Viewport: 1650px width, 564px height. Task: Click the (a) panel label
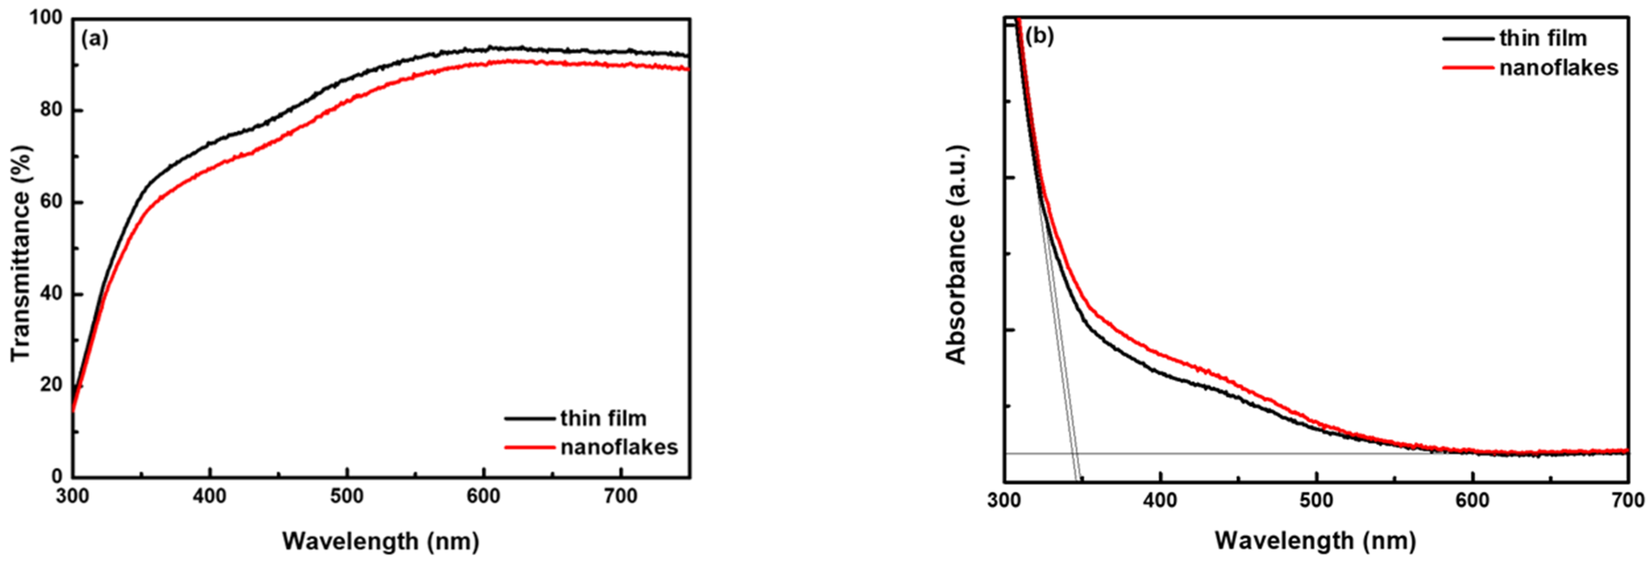pos(95,40)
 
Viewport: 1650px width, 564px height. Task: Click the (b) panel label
pos(1039,37)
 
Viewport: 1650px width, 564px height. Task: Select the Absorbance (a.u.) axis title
pos(956,254)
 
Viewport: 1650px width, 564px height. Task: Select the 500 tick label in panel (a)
pos(347,497)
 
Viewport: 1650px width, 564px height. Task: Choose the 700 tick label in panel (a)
pos(621,497)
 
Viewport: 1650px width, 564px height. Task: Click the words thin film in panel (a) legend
pos(604,418)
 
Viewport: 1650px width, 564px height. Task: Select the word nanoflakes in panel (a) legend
pos(619,447)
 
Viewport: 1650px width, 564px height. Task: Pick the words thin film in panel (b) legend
pos(1543,38)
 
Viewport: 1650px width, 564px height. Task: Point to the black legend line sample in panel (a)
pos(529,418)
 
